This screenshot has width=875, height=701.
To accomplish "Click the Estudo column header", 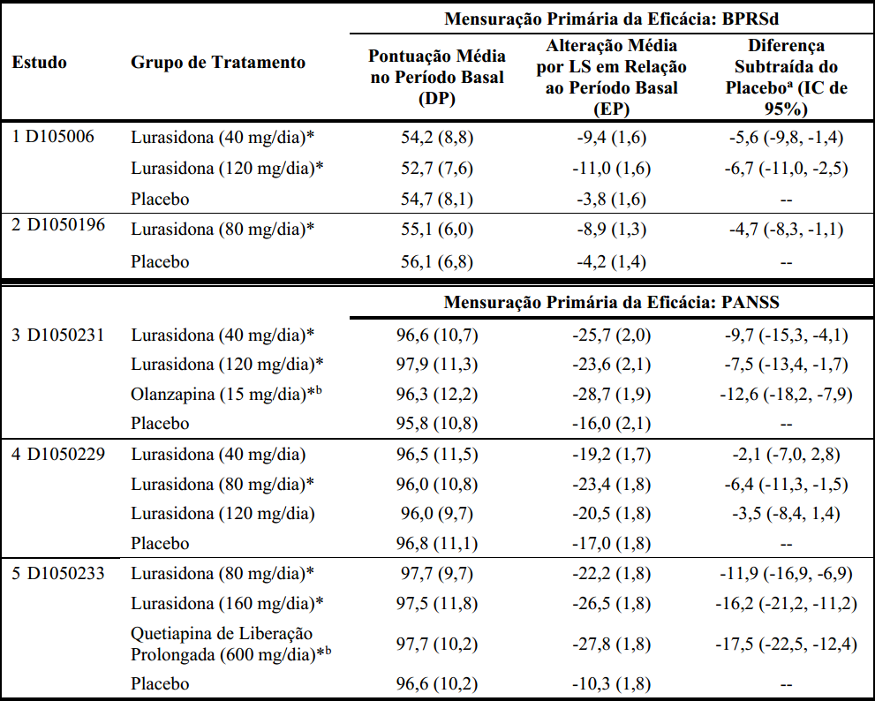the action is click(39, 62).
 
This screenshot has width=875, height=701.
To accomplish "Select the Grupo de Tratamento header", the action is click(217, 62).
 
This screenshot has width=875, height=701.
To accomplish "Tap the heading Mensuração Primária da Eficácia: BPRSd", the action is click(612, 19).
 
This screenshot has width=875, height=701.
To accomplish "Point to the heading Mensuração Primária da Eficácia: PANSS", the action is click(612, 303).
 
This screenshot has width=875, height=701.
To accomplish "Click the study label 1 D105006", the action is click(53, 137).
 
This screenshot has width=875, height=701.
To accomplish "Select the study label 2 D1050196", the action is click(58, 225).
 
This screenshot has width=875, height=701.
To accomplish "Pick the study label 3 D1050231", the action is click(58, 335).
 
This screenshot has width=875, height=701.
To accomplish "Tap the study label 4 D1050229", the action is click(58, 454).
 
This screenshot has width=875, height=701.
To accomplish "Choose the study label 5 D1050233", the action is click(58, 573).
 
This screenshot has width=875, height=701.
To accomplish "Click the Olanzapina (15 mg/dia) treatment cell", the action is click(226, 394).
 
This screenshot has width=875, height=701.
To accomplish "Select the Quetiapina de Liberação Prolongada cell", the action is click(230, 644).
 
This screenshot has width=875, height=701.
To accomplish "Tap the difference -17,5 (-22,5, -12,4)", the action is click(786, 644).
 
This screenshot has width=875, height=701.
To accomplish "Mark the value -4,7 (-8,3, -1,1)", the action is click(786, 230).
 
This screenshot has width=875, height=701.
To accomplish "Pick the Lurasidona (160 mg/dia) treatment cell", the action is click(227, 603).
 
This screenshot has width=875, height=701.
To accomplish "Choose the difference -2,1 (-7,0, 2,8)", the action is click(786, 455).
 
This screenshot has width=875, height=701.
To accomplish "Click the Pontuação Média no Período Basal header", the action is click(437, 77).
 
